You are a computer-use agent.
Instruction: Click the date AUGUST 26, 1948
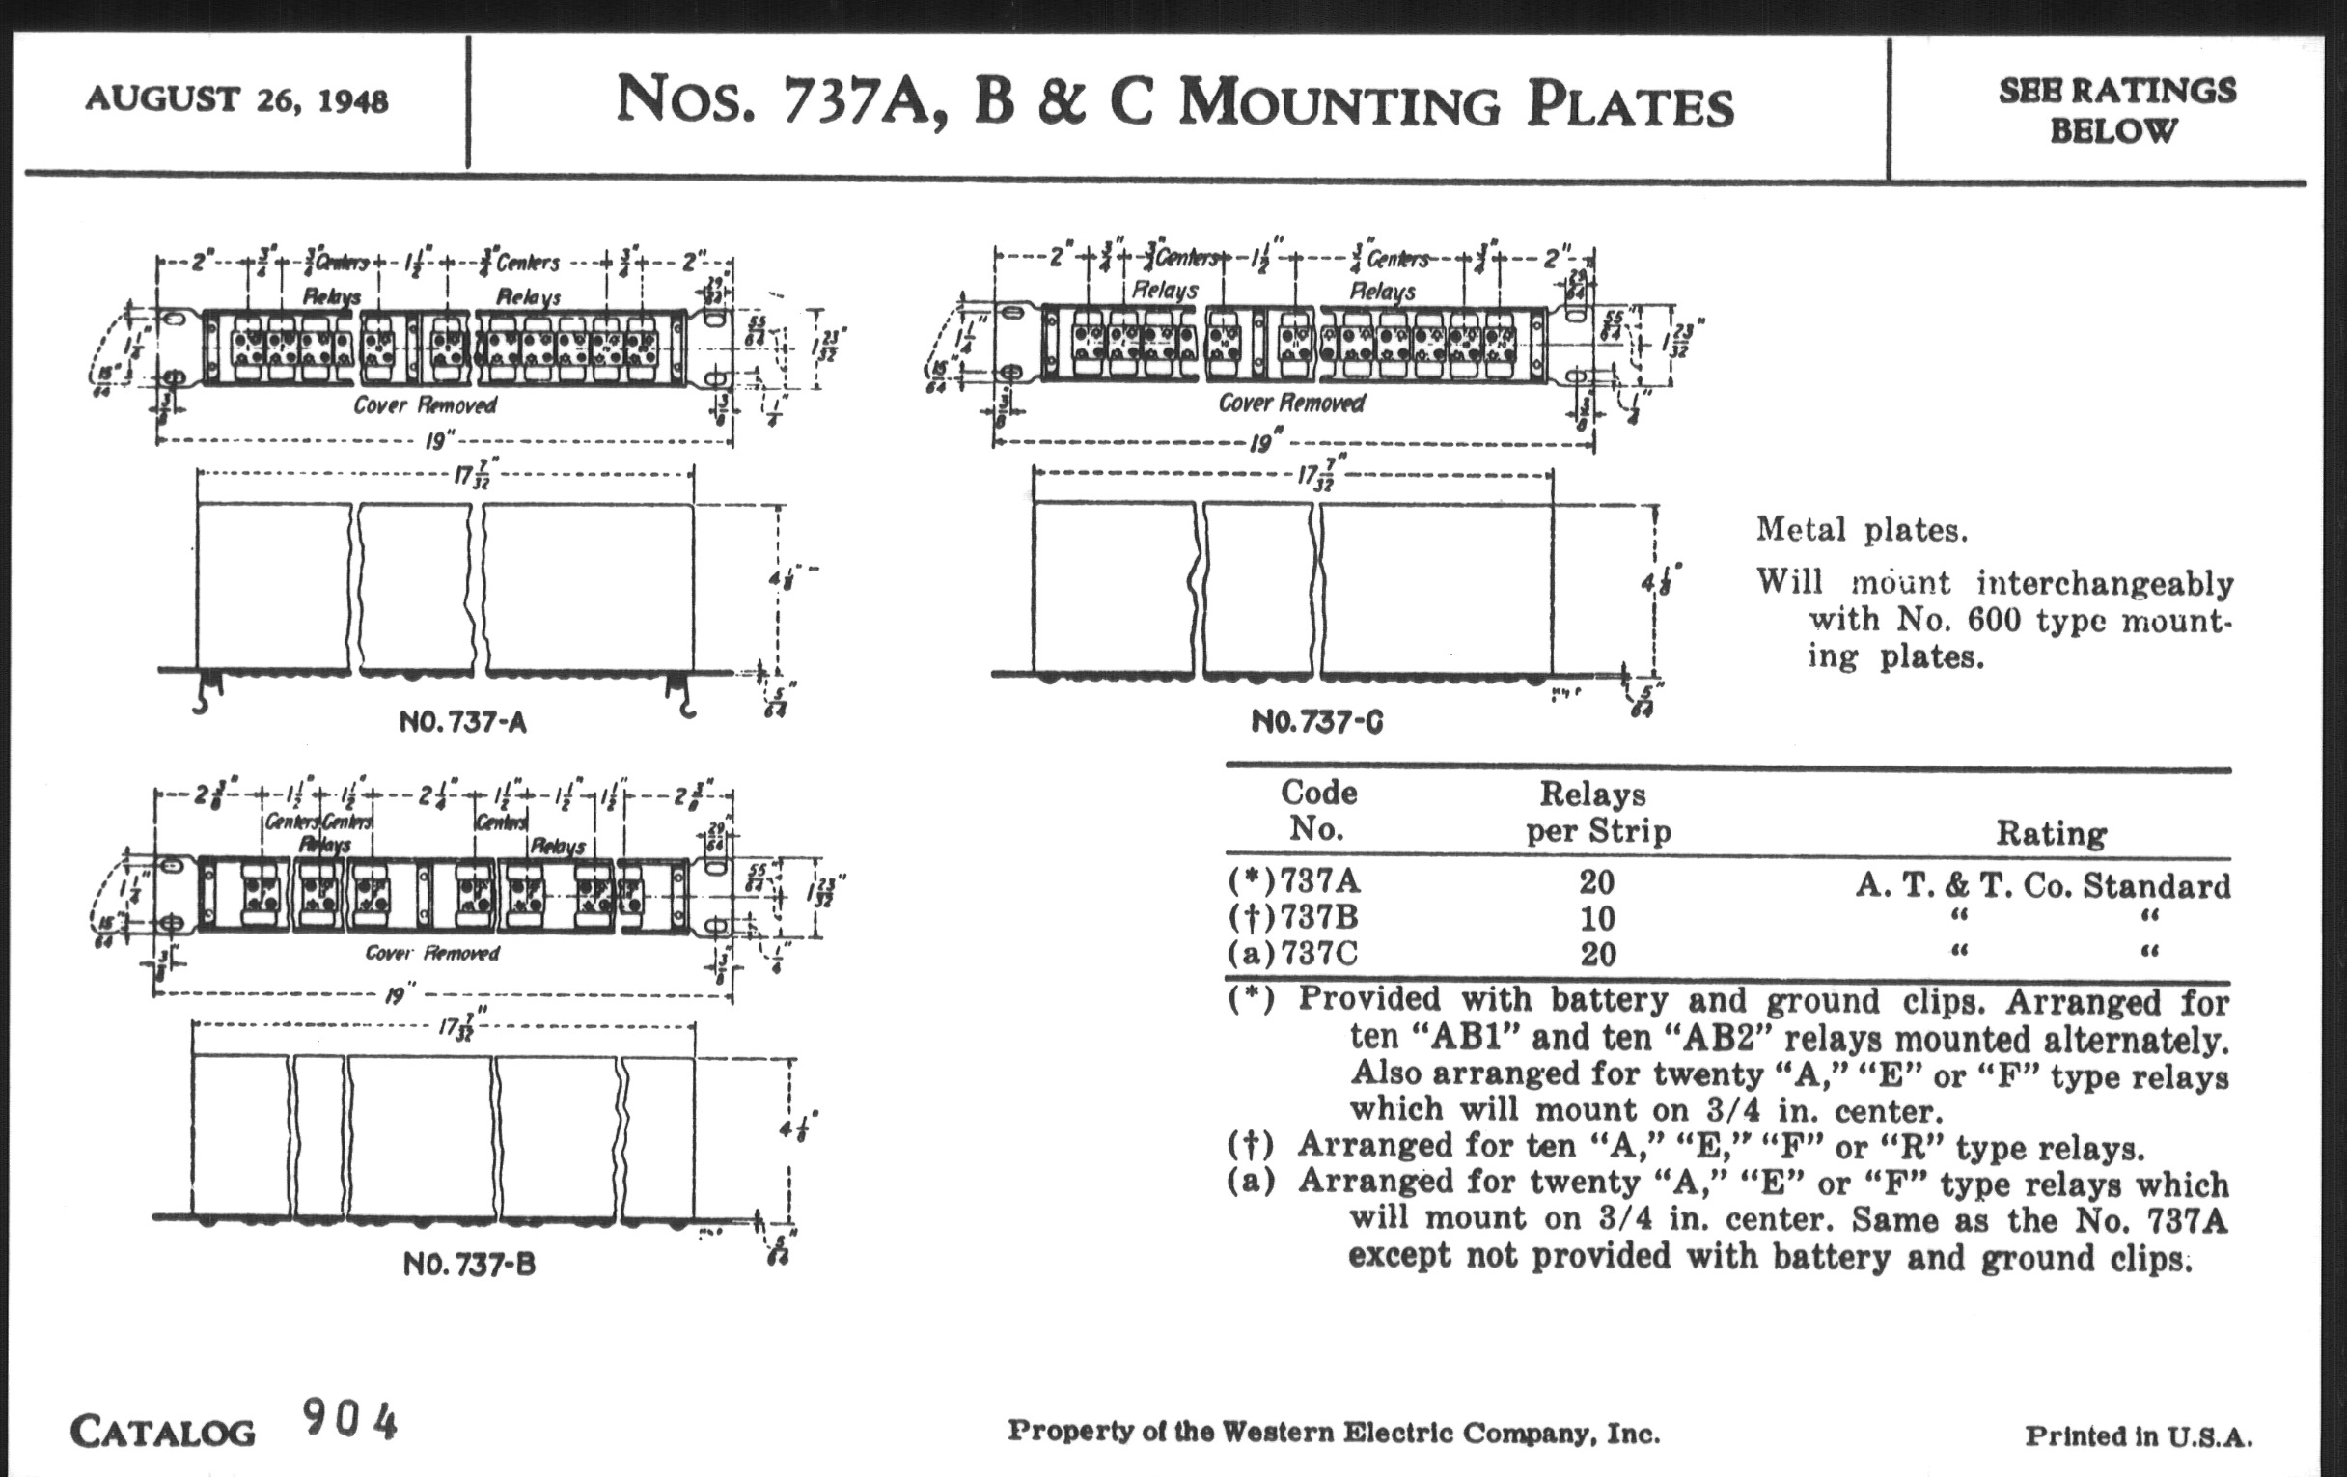tap(236, 99)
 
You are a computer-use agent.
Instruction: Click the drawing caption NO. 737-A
tap(463, 722)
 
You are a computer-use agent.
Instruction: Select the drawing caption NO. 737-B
tap(469, 1265)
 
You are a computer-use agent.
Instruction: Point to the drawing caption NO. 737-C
tap(1316, 722)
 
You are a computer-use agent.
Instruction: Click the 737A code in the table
tap(1319, 881)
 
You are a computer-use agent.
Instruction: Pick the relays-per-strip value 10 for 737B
tap(1597, 918)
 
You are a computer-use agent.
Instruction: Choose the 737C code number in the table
tap(1317, 954)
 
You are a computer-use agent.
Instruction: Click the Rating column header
tap(2051, 833)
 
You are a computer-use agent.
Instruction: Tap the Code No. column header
tap(1317, 810)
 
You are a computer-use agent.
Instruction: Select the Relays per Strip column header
tap(1597, 812)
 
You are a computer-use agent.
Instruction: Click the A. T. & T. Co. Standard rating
tap(2042, 885)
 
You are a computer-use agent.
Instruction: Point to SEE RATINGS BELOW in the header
tap(2116, 109)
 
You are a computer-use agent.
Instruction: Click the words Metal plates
tap(1862, 530)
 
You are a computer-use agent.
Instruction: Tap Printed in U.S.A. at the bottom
tap(2139, 1436)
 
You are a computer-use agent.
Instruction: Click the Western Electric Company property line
tap(1333, 1433)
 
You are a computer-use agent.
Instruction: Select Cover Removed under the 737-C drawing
tap(1291, 403)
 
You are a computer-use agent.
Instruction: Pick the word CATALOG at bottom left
tap(163, 1433)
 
